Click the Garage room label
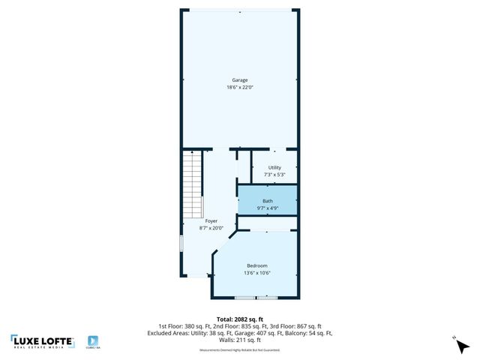click(239, 80)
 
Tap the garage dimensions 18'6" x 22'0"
click(239, 88)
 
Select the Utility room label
click(274, 167)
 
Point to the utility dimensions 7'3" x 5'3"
click(274, 175)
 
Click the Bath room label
click(267, 200)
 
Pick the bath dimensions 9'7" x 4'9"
click(267, 208)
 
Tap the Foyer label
click(211, 220)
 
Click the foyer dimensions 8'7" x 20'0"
click(211, 228)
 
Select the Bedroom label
click(257, 265)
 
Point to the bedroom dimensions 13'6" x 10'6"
click(257, 273)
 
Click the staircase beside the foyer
click(193, 184)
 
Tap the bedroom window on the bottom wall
click(256, 298)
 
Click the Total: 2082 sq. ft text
click(239, 319)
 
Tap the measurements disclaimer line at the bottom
click(239, 350)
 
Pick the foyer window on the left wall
click(180, 244)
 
